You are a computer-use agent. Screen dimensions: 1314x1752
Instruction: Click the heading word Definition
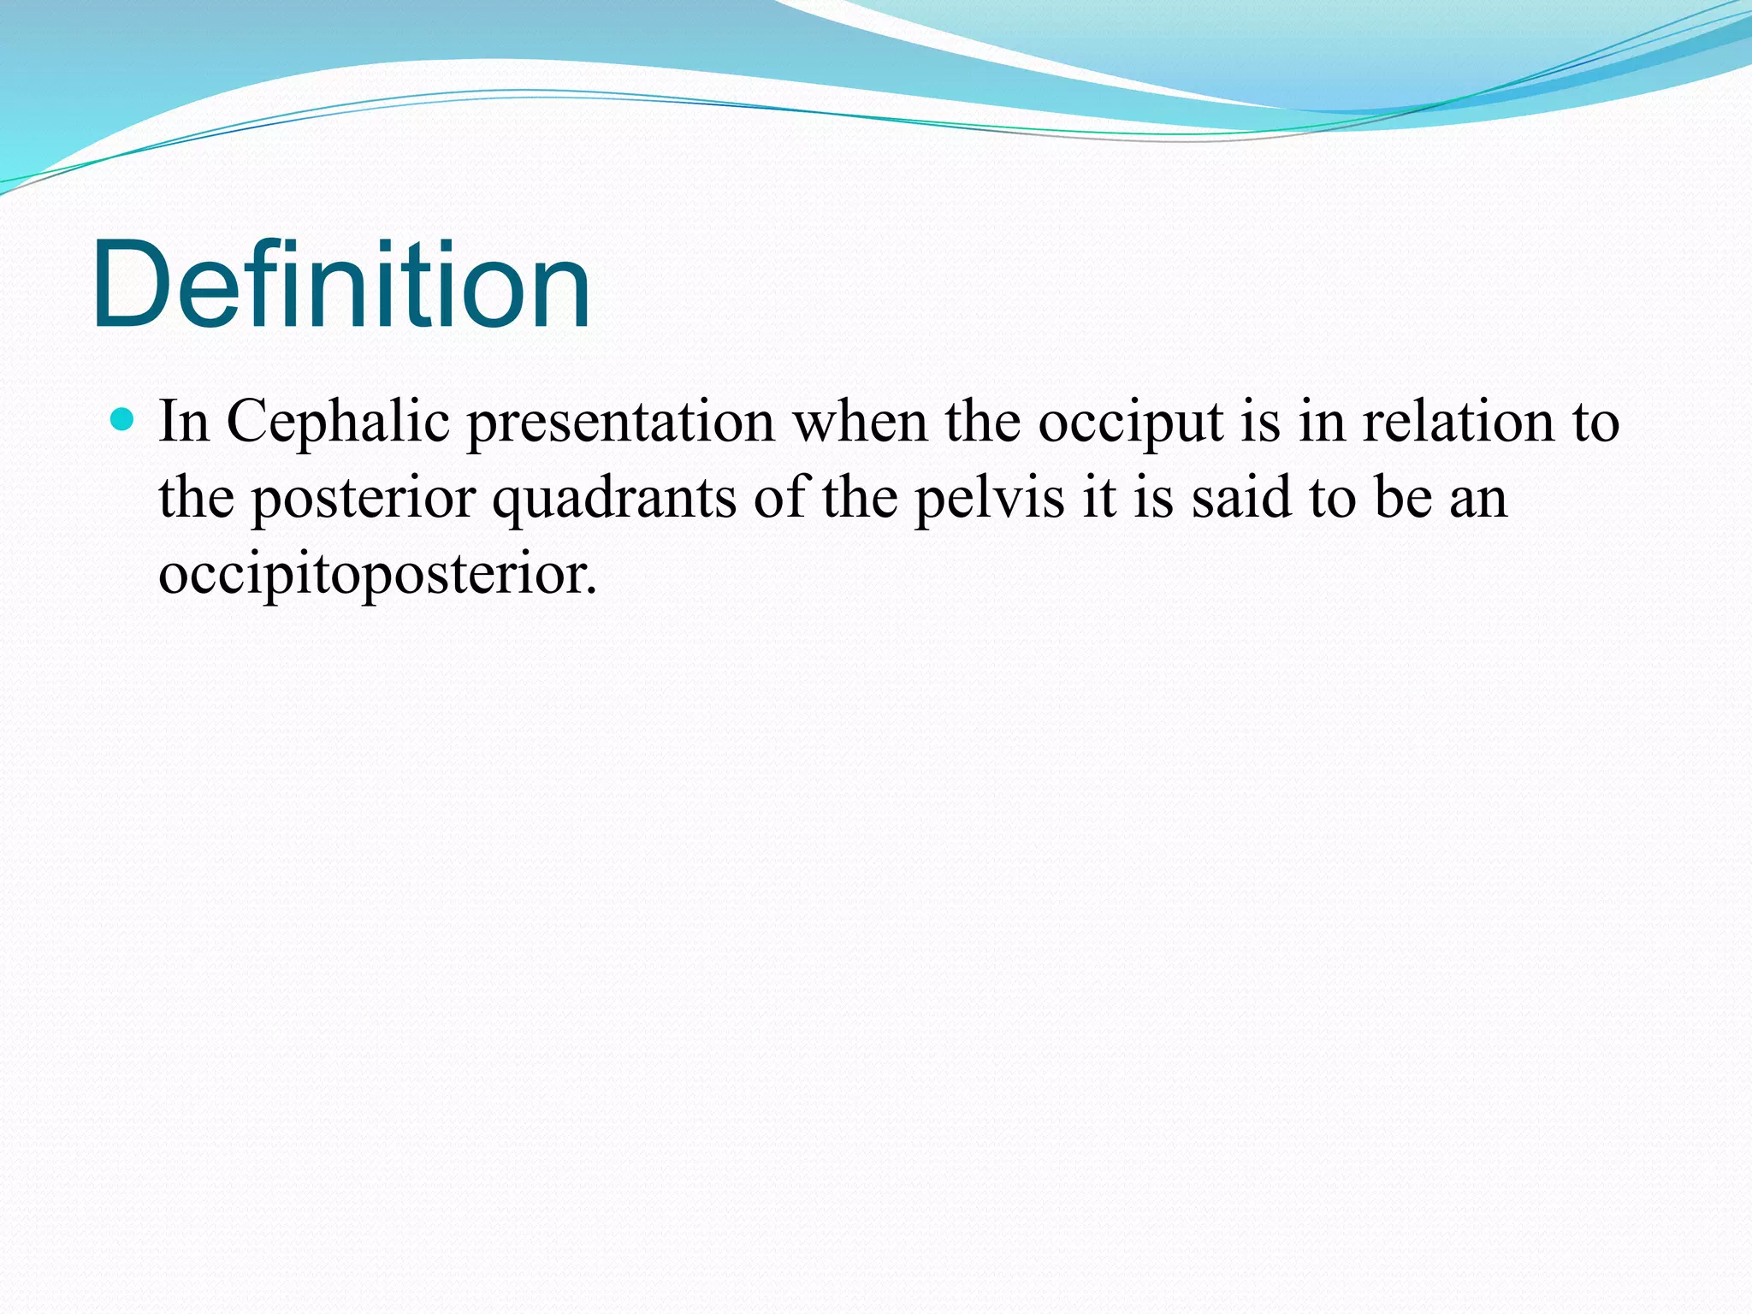[340, 284]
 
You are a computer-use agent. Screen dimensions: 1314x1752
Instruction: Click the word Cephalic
[338, 423]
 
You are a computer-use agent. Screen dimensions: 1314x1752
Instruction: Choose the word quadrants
[613, 500]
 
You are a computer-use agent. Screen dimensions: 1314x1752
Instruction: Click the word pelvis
[990, 498]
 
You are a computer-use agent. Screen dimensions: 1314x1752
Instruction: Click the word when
[860, 423]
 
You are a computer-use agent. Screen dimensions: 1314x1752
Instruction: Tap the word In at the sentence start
[184, 423]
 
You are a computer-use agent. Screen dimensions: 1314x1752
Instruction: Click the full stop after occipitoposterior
[591, 590]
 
